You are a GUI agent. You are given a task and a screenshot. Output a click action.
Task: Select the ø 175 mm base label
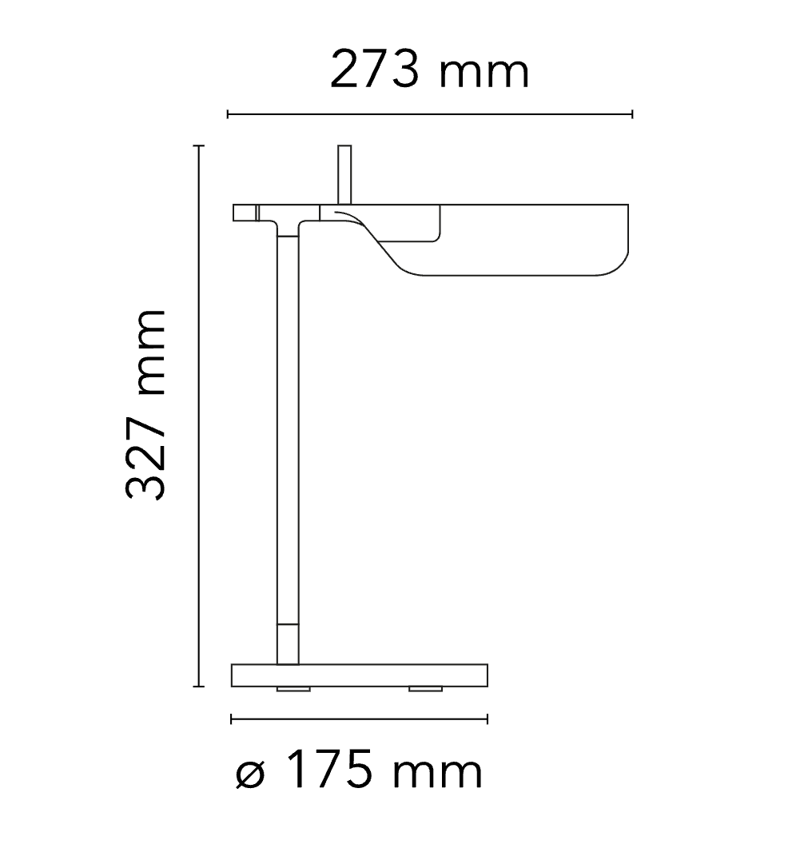point(360,772)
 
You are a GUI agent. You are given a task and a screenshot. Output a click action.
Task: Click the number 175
point(328,772)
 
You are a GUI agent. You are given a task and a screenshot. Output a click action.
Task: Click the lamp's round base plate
point(359,675)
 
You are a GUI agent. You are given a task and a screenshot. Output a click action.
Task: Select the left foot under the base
point(294,688)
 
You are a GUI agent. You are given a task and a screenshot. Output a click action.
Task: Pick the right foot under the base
point(425,688)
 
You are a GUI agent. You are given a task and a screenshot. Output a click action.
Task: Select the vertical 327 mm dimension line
point(199,416)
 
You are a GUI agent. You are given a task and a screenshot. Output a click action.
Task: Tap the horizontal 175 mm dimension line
point(359,719)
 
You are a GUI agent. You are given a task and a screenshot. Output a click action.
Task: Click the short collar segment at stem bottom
point(288,643)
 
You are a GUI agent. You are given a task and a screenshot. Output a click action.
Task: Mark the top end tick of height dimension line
point(199,146)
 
